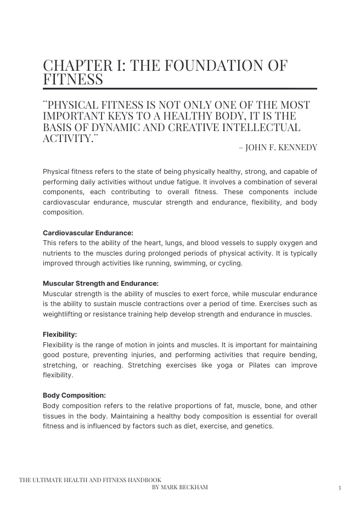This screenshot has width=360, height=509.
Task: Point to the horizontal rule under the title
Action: tap(180, 88)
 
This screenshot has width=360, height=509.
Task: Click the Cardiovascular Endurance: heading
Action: tap(88, 233)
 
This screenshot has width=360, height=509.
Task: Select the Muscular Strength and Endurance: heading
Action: tap(100, 284)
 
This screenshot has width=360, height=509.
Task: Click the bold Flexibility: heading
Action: tap(60, 335)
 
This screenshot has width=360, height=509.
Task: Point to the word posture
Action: tap(76, 355)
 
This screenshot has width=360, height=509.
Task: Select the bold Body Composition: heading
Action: tap(74, 395)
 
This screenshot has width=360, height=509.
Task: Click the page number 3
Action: tap(339, 488)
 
